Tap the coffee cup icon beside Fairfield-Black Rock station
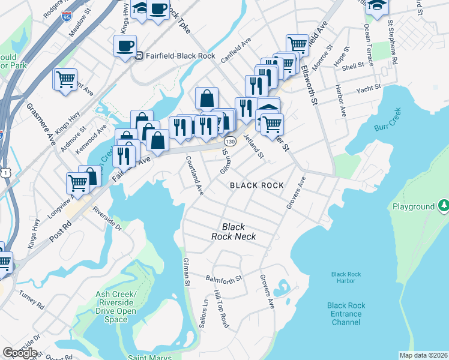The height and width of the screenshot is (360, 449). (x=125, y=46)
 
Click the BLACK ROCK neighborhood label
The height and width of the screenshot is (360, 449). (x=257, y=185)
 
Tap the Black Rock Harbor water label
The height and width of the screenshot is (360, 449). (x=346, y=278)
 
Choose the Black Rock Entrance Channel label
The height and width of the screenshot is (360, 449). (x=345, y=314)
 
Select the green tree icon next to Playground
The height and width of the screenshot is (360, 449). (x=443, y=206)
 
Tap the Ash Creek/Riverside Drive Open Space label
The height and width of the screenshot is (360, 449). (x=116, y=307)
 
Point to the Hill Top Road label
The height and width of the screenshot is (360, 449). (x=220, y=311)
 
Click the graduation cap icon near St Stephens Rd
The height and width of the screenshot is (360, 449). (x=377, y=6)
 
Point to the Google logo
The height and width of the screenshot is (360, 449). (x=20, y=352)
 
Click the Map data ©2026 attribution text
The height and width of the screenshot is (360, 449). (x=424, y=355)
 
